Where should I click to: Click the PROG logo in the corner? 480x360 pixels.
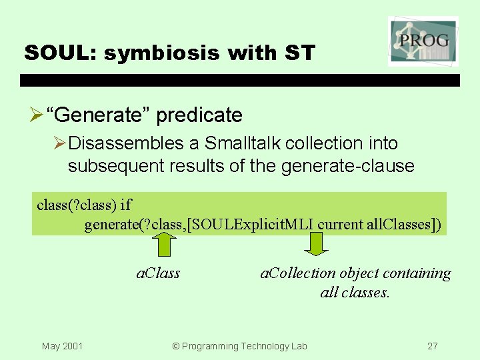point(423,41)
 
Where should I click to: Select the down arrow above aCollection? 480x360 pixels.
point(317,243)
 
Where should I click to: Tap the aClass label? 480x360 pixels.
point(158,273)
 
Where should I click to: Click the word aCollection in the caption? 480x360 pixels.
point(298,273)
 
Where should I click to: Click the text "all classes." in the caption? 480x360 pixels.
point(355,292)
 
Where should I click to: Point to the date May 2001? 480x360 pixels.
point(62,346)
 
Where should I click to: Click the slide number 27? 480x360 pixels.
point(433,346)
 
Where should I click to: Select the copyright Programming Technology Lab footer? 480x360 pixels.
point(239,346)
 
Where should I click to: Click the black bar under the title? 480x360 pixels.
point(240,80)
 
